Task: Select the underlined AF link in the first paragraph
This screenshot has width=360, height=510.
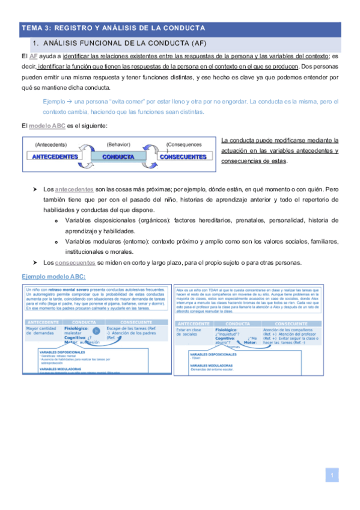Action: click(34, 55)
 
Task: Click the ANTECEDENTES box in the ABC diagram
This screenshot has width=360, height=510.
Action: click(54, 156)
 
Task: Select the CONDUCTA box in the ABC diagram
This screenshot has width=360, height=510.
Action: click(118, 156)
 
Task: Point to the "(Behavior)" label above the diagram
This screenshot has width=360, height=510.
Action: click(118, 144)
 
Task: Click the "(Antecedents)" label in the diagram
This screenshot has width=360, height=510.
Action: click(51, 145)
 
